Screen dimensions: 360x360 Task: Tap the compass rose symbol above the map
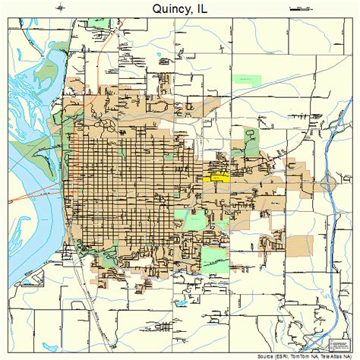click(61, 8)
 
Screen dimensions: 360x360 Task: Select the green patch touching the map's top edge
click(99, 24)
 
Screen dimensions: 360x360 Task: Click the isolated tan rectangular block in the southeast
click(298, 245)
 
